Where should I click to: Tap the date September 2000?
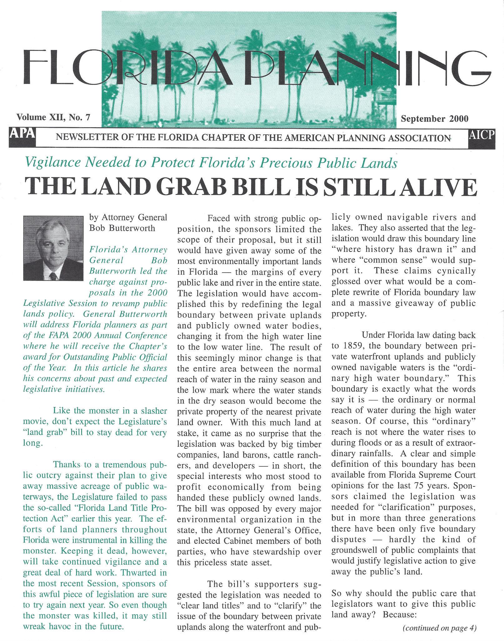[435, 119]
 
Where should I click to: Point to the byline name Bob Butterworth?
[122, 228]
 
